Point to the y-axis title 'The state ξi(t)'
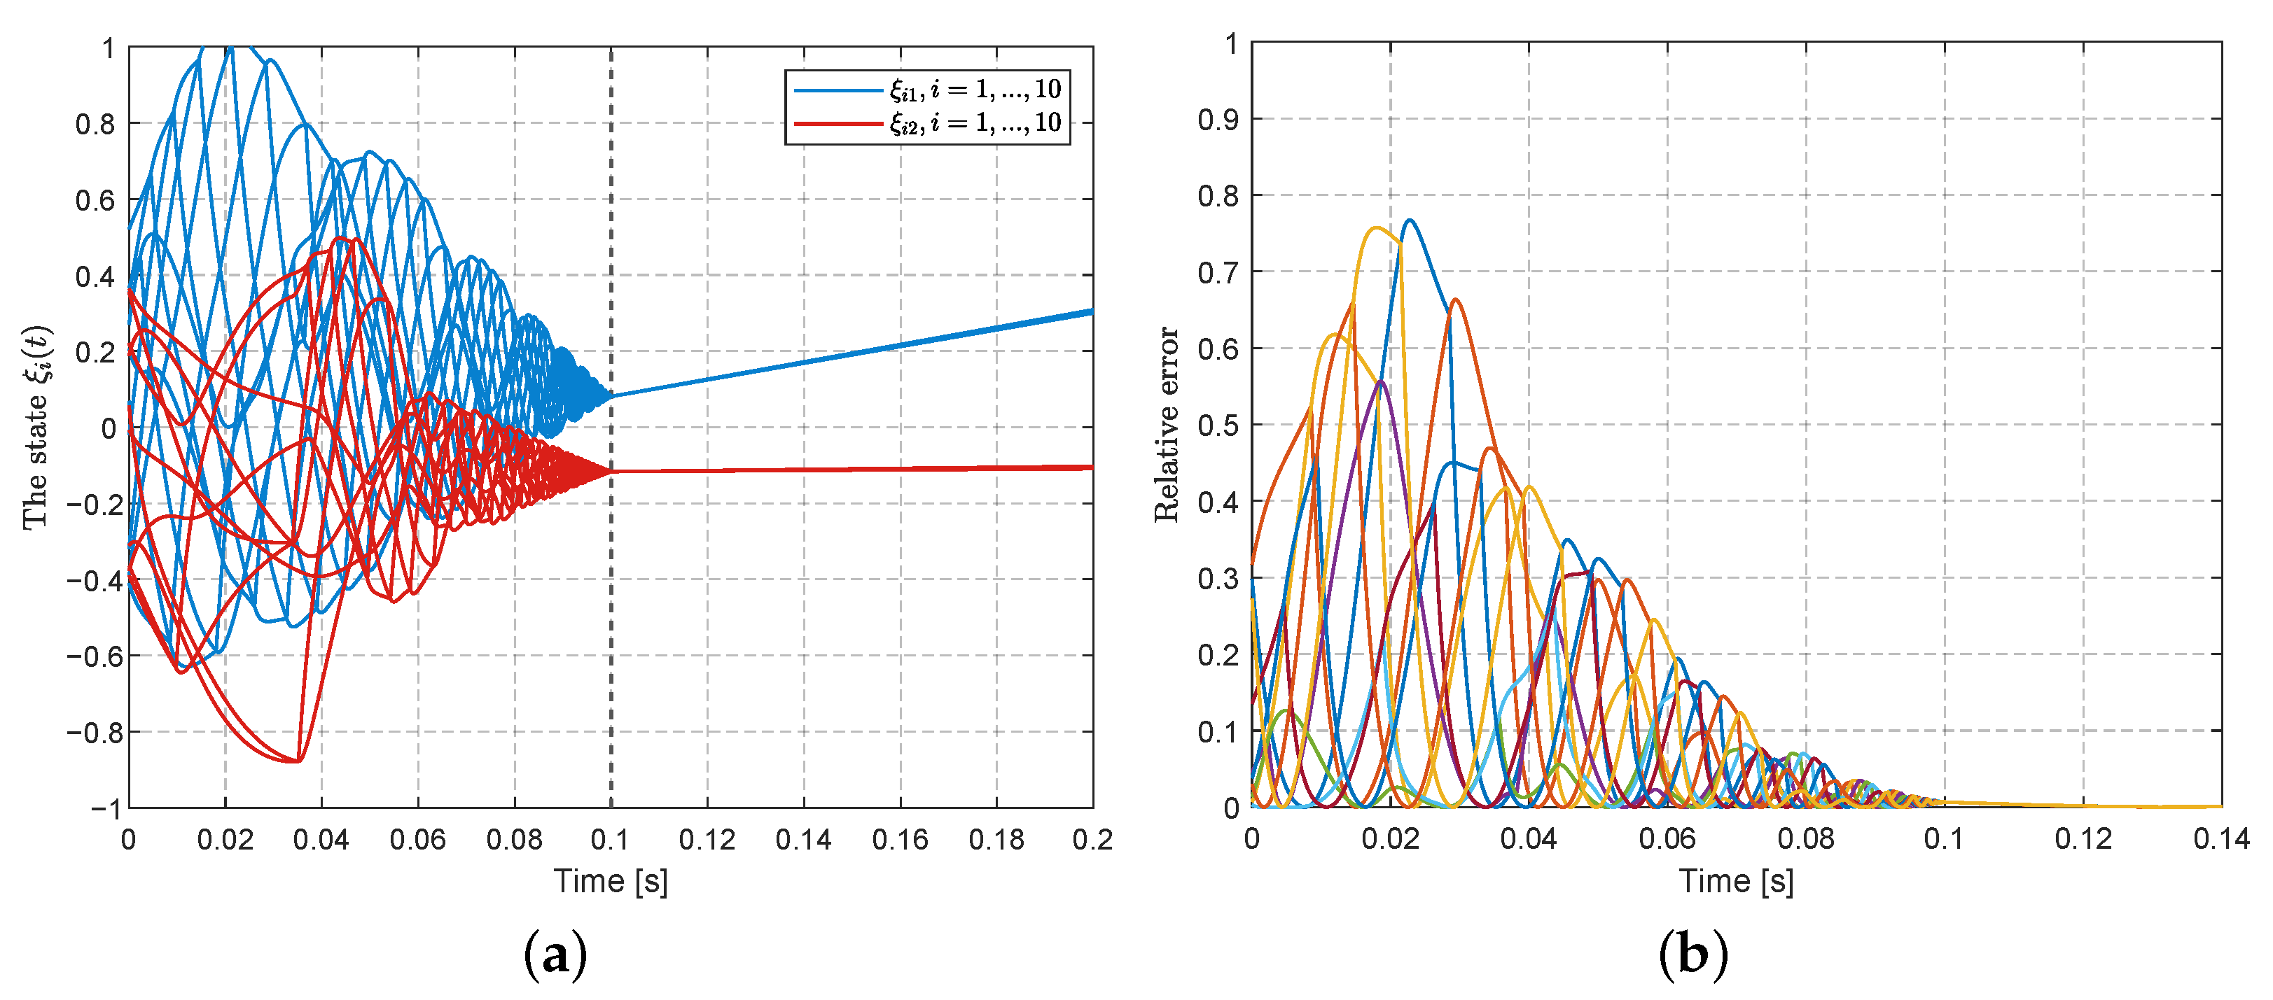click(37, 428)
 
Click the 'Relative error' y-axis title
click(1167, 424)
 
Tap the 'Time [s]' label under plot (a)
click(611, 881)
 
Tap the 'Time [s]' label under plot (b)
click(1736, 881)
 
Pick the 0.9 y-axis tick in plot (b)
click(1218, 119)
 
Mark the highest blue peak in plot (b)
click(1409, 220)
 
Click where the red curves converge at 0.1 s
click(611, 472)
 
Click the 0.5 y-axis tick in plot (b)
click(1218, 425)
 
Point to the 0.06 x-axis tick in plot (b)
click(1667, 838)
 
